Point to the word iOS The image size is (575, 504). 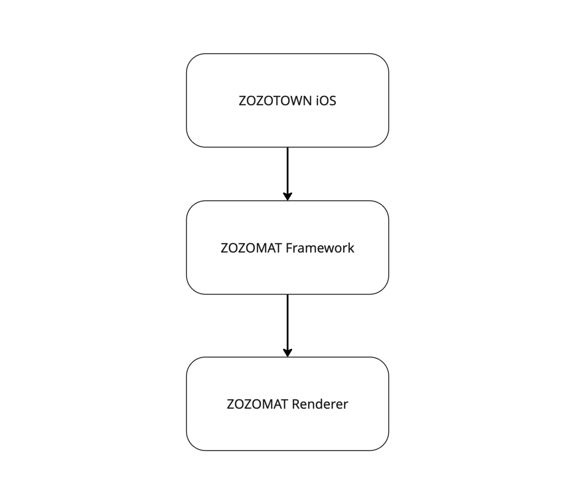tap(326, 101)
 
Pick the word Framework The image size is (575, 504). tap(320, 248)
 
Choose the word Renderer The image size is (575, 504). tap(320, 404)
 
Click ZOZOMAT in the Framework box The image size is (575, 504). tap(251, 248)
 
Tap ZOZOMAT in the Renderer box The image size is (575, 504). tap(257, 404)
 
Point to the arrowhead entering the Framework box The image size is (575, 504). tap(287, 196)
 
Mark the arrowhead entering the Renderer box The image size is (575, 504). tap(287, 353)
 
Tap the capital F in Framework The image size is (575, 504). tap(288, 248)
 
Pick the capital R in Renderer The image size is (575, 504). tap(295, 404)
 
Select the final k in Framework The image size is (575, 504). tap(351, 248)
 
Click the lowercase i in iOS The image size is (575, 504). tap(317, 101)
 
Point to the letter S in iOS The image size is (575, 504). tap(333, 101)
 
